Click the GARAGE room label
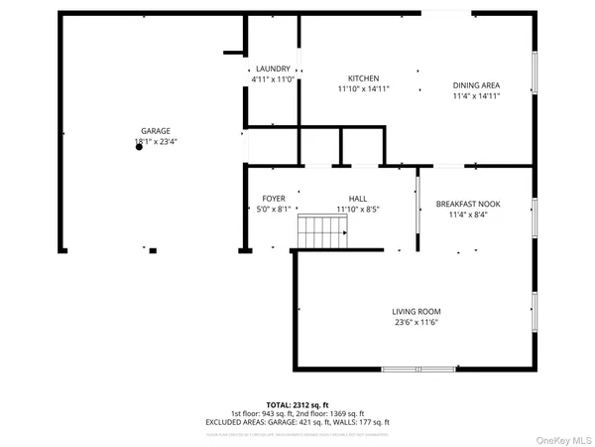[155, 131]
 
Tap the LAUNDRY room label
[272, 69]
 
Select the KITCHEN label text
[363, 78]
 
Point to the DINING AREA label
[476, 85]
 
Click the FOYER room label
[274, 199]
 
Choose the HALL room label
[357, 199]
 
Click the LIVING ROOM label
[414, 311]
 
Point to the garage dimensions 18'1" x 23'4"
[156, 142]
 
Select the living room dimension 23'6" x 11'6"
[414, 322]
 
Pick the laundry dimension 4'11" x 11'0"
[272, 78]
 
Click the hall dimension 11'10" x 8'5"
[357, 209]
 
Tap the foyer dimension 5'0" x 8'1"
[274, 209]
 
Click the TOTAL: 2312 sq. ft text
[297, 405]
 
